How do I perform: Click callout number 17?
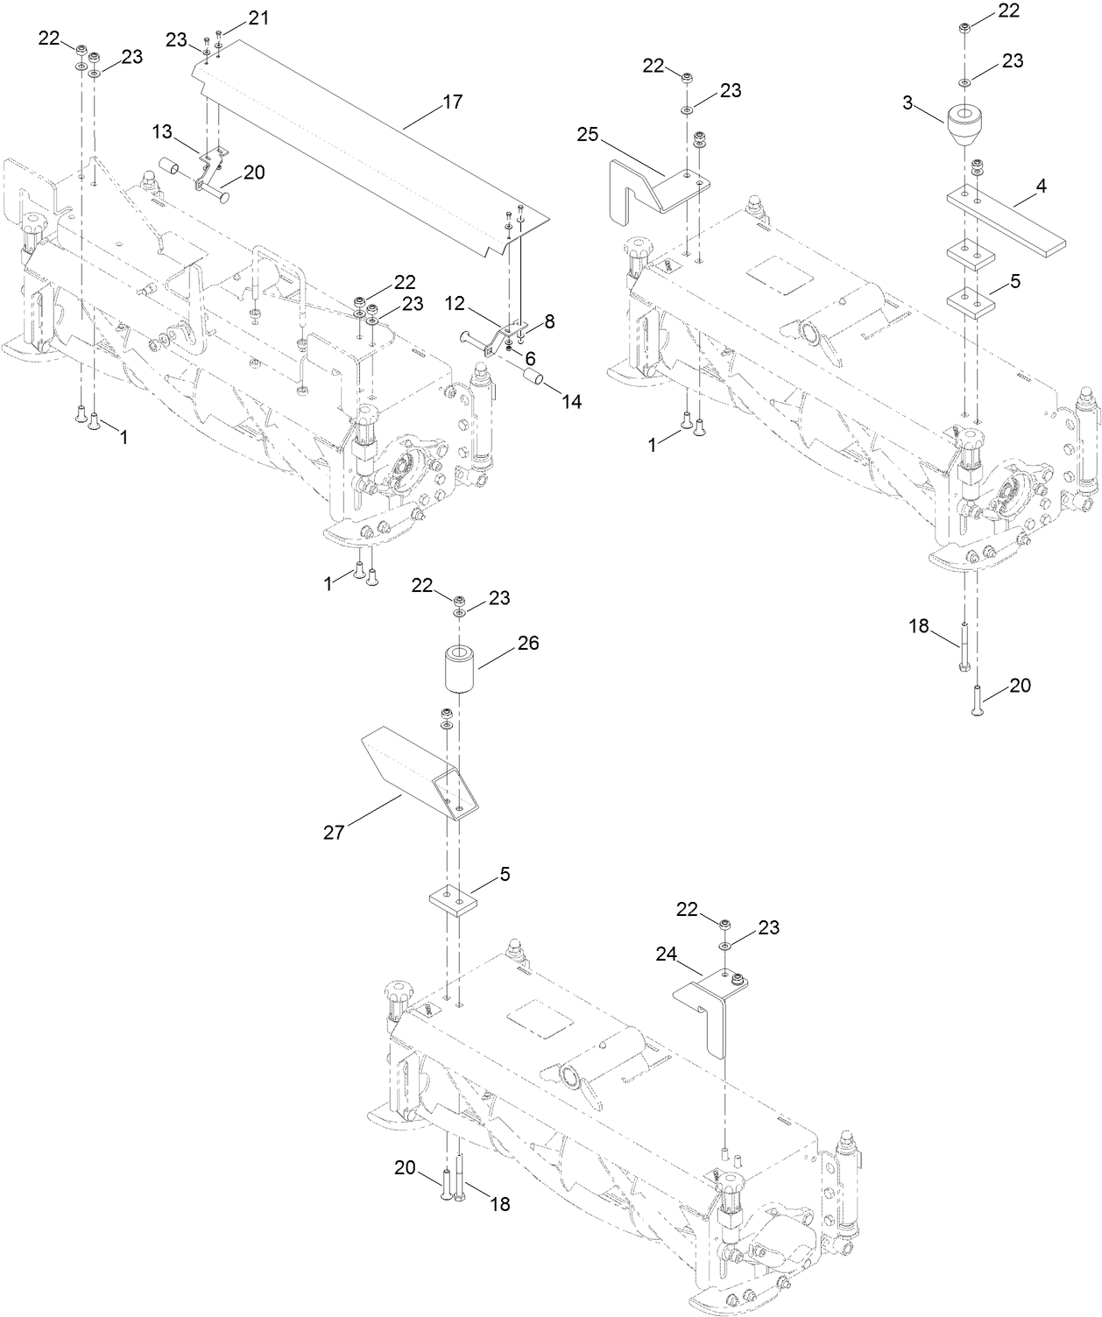452,102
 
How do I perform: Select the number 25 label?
589,134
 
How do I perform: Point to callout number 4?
1042,187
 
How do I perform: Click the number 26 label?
528,644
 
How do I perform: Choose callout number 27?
333,832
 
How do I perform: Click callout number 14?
572,402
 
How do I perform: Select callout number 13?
162,131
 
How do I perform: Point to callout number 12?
454,302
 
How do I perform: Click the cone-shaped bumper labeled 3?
967,127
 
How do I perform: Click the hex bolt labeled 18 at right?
963,648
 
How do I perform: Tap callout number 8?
549,322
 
